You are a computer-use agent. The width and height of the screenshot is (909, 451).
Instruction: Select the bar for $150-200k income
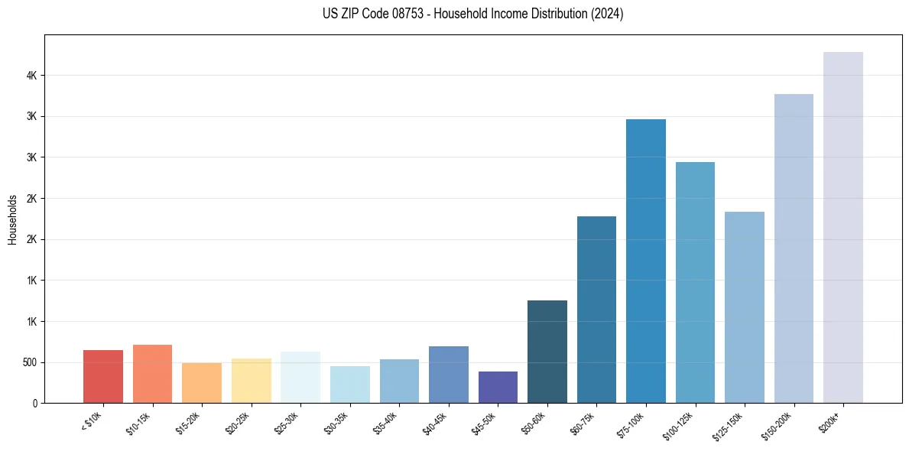(x=794, y=248)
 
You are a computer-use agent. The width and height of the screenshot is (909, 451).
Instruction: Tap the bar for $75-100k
(x=646, y=261)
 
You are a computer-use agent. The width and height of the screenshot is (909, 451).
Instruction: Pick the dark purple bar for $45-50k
(x=498, y=387)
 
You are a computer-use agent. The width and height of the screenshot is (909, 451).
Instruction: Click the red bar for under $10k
(x=103, y=376)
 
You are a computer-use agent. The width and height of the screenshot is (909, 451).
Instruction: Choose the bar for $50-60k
(x=547, y=352)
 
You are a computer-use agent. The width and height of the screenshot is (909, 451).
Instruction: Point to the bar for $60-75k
(x=596, y=310)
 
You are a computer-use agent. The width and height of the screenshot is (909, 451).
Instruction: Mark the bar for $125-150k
(x=745, y=307)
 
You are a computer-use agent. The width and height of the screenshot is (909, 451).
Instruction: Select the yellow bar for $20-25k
(x=252, y=381)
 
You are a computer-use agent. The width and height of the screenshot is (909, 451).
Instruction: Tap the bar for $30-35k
(x=350, y=384)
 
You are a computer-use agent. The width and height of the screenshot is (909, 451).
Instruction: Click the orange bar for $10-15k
(x=152, y=374)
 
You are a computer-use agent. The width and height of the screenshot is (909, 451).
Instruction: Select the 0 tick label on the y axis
(x=35, y=403)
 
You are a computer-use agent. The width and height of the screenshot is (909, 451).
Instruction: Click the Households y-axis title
(x=12, y=219)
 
